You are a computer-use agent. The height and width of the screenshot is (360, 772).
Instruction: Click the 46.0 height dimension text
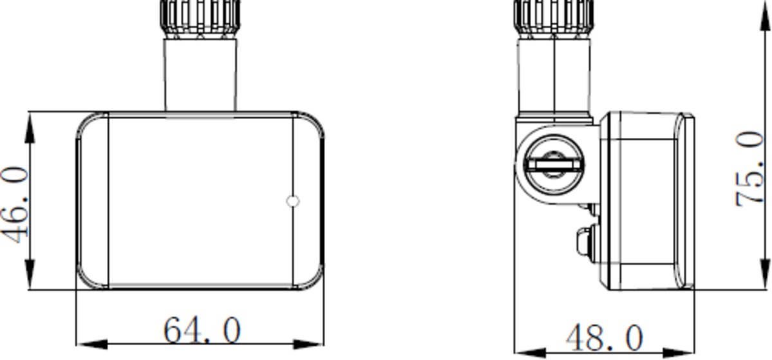(x=17, y=205)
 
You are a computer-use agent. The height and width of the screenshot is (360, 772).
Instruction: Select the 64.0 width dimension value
(x=202, y=331)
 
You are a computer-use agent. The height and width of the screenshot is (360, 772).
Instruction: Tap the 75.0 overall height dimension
(x=749, y=169)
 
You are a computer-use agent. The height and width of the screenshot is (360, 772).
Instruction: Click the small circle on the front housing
(x=292, y=202)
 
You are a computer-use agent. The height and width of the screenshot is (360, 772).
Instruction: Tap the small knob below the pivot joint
(x=585, y=243)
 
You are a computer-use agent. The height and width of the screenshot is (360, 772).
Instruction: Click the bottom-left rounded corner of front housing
(x=88, y=278)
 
